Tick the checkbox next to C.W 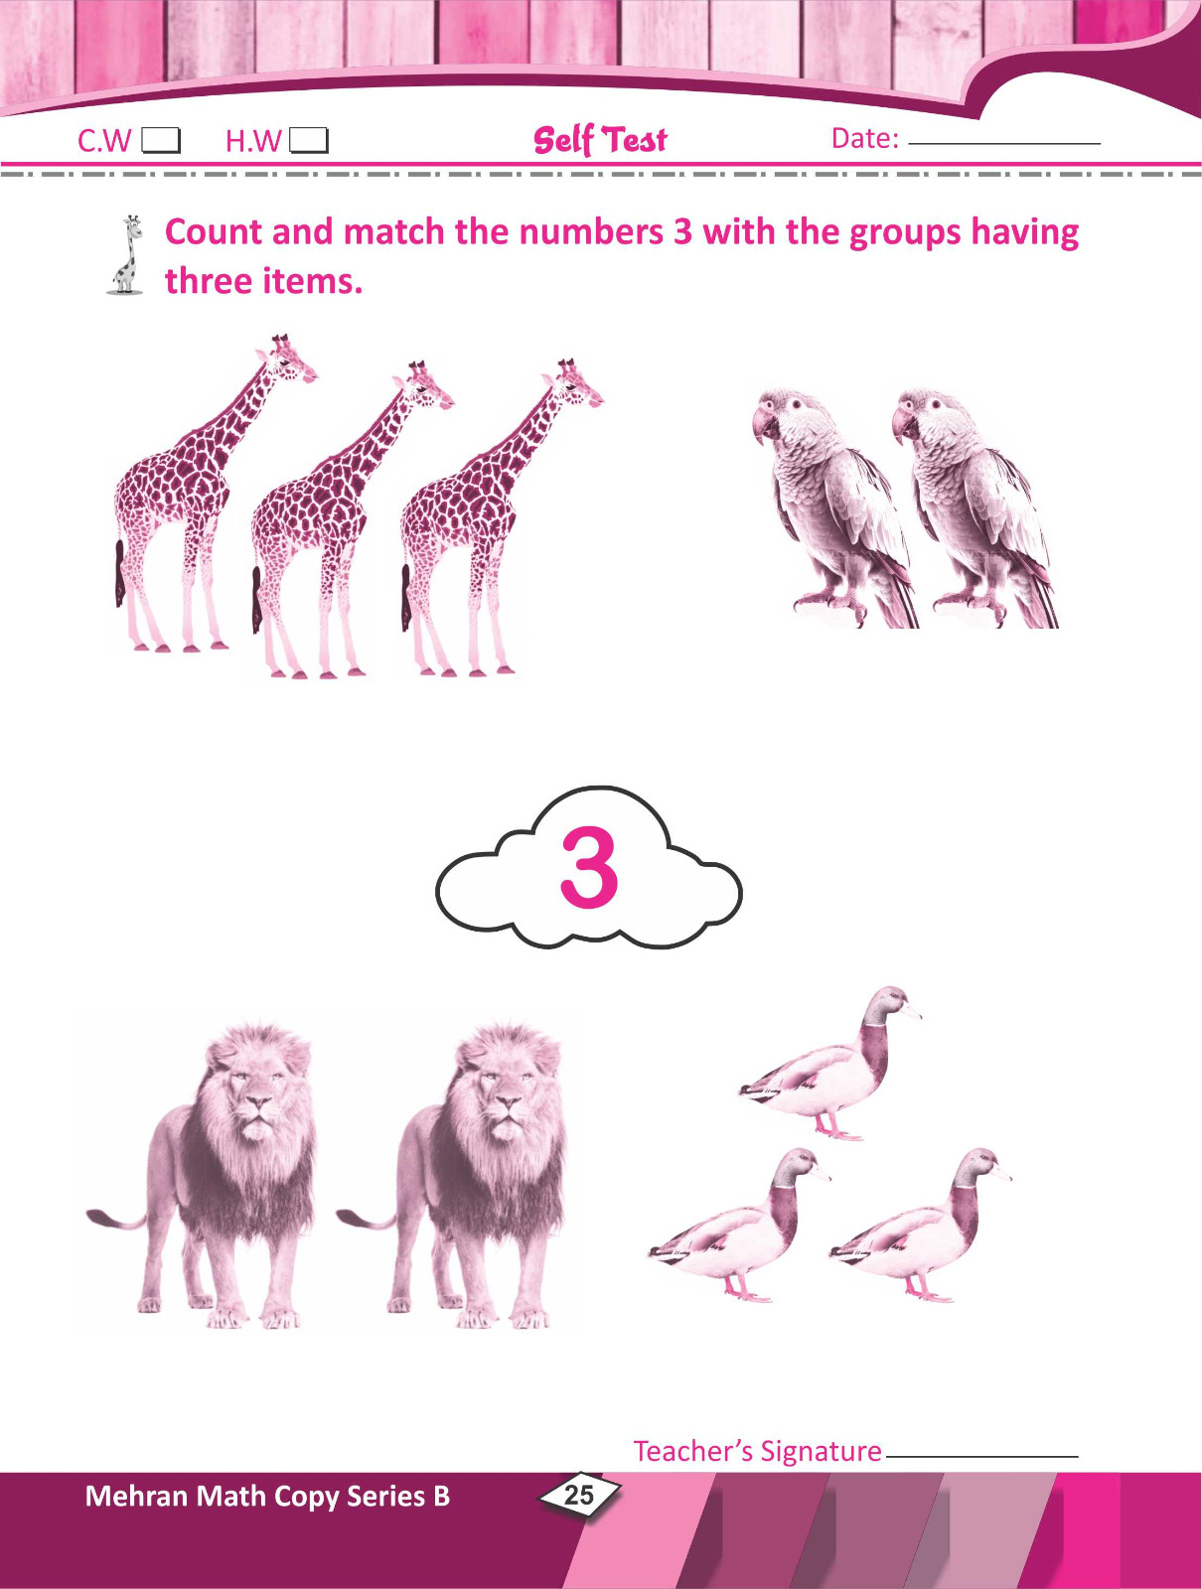pyautogui.click(x=161, y=140)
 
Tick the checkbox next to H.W pyautogui.click(x=309, y=140)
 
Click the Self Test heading pyautogui.click(x=600, y=139)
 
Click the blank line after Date pyautogui.click(x=1004, y=143)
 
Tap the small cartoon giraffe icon pyautogui.click(x=126, y=255)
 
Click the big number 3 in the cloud pyautogui.click(x=589, y=868)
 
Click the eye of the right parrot pyautogui.click(x=936, y=404)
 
